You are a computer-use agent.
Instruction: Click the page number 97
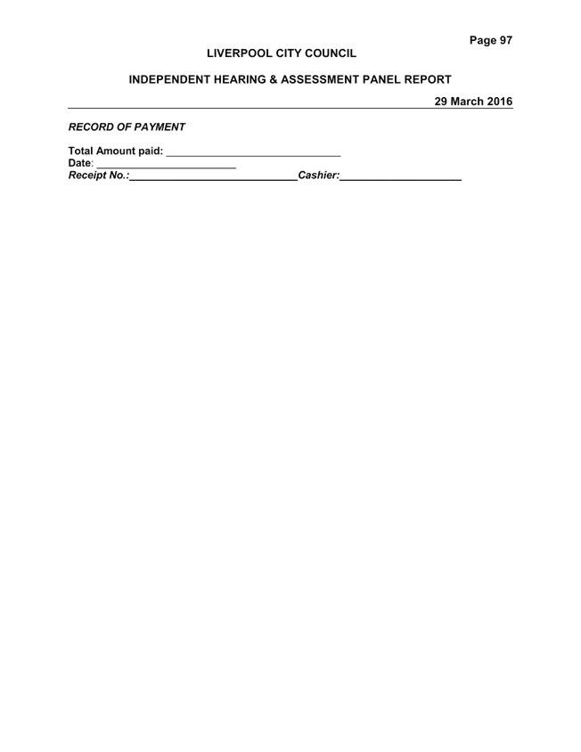click(x=505, y=40)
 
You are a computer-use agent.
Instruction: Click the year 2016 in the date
click(x=499, y=102)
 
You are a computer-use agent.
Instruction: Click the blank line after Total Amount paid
click(x=253, y=156)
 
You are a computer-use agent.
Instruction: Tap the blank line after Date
click(x=166, y=168)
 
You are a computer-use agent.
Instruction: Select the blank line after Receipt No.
click(x=214, y=180)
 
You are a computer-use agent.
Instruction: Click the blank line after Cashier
click(x=401, y=180)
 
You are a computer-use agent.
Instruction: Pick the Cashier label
click(x=318, y=176)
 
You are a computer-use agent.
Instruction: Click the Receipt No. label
click(x=99, y=176)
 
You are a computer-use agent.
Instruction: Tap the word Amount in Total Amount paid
click(x=116, y=151)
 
